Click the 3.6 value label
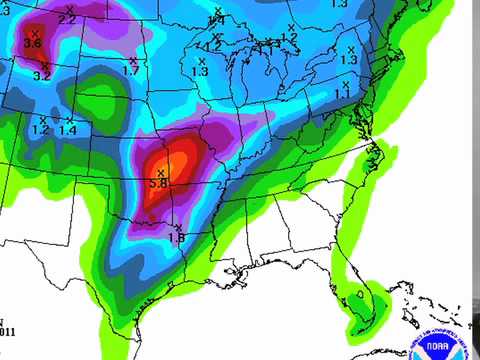pyautogui.click(x=32, y=43)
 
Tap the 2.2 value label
pyautogui.click(x=68, y=20)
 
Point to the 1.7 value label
pyautogui.click(x=131, y=71)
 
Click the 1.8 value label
pyautogui.click(x=176, y=237)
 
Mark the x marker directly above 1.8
pyautogui.click(x=176, y=225)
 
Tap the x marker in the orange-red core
pyautogui.click(x=160, y=173)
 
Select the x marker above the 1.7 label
pyautogui.click(x=133, y=60)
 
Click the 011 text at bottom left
pyautogui.click(x=7, y=331)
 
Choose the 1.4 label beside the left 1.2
pyautogui.click(x=68, y=130)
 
